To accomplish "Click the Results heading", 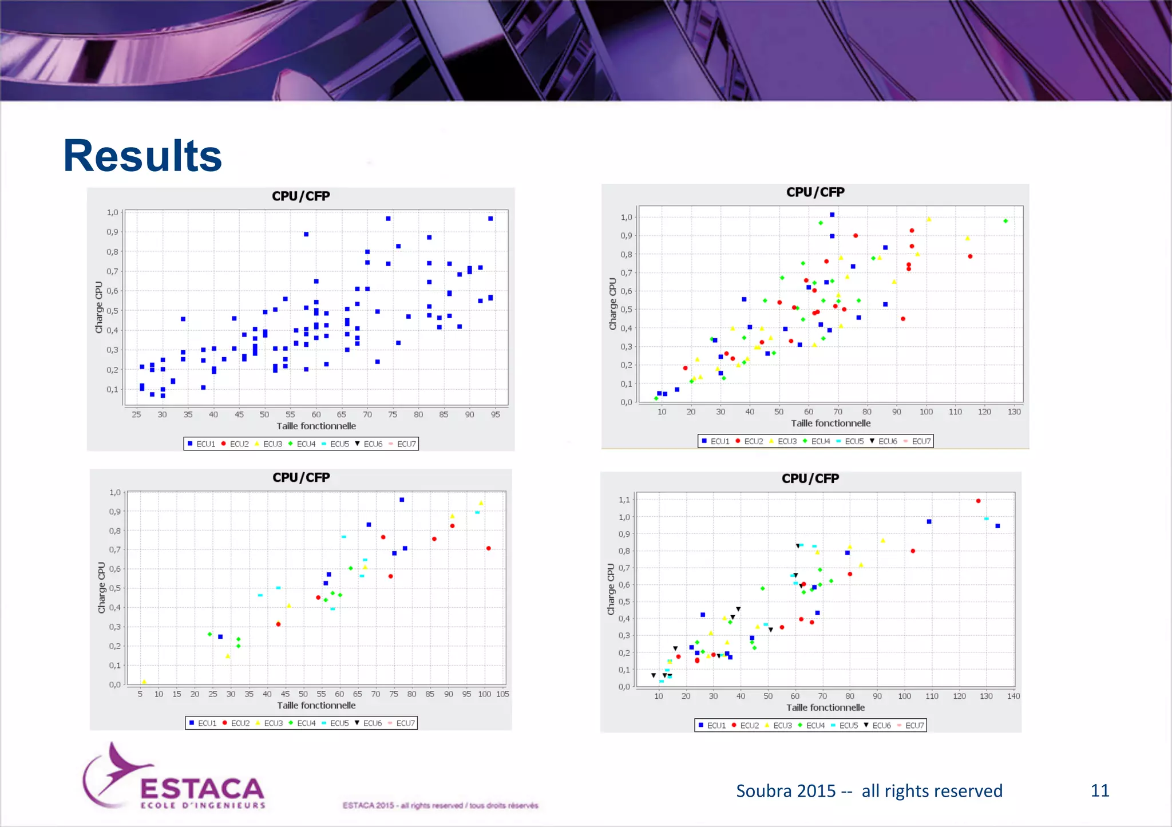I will (x=142, y=156).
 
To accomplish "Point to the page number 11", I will (x=1099, y=790).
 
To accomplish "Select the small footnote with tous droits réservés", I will (x=440, y=805).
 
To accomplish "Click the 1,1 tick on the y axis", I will (x=624, y=500).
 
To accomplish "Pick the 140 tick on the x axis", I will (x=1013, y=696).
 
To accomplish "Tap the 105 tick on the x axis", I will (x=502, y=694).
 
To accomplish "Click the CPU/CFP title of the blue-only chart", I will (x=301, y=196).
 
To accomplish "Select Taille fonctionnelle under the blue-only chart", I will (x=316, y=426).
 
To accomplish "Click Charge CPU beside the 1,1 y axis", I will (x=611, y=589).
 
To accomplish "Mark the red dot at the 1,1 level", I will (x=978, y=501).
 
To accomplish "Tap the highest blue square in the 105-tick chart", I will (x=402, y=500).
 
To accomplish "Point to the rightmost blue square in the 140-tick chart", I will (x=997, y=526).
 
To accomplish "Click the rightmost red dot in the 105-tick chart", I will (x=488, y=548).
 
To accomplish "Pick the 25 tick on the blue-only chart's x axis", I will (x=136, y=414).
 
